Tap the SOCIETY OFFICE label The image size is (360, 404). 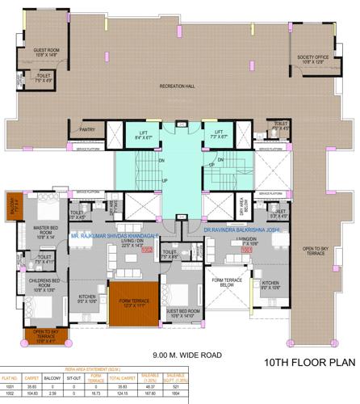click(311, 59)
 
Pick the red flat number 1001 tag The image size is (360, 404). click(246, 250)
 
